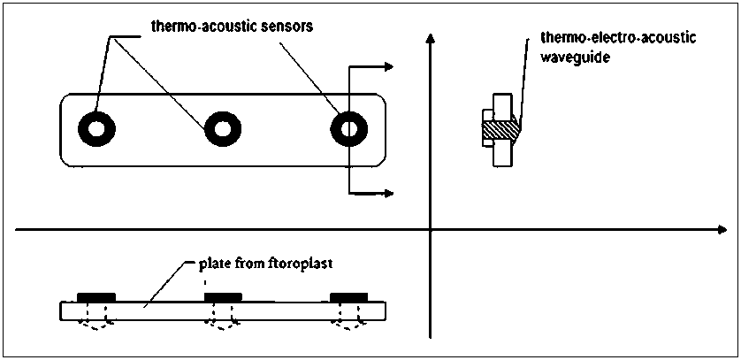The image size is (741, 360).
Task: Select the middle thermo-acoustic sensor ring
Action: click(220, 129)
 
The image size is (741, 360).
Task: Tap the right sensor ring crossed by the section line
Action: click(348, 129)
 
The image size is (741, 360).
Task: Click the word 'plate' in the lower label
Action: click(213, 264)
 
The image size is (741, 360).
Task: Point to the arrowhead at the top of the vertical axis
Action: click(430, 37)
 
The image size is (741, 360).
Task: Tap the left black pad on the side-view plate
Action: click(95, 297)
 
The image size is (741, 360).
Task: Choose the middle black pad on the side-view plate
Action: click(221, 297)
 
